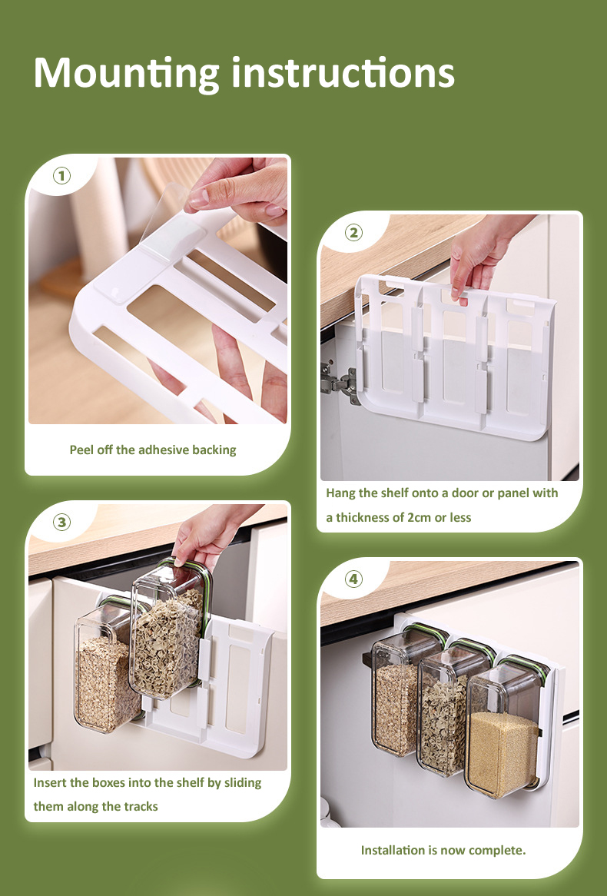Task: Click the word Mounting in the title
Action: [x=126, y=74]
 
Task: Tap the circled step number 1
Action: [x=61, y=175]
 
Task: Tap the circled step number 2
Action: [x=353, y=233]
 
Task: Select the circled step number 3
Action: [x=61, y=523]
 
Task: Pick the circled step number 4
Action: [x=353, y=579]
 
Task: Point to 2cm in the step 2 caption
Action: [x=419, y=518]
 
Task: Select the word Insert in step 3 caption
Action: [x=50, y=783]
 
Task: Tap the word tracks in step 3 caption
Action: [x=141, y=807]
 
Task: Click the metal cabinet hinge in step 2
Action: [x=340, y=381]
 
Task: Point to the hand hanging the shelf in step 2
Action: [x=477, y=254]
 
